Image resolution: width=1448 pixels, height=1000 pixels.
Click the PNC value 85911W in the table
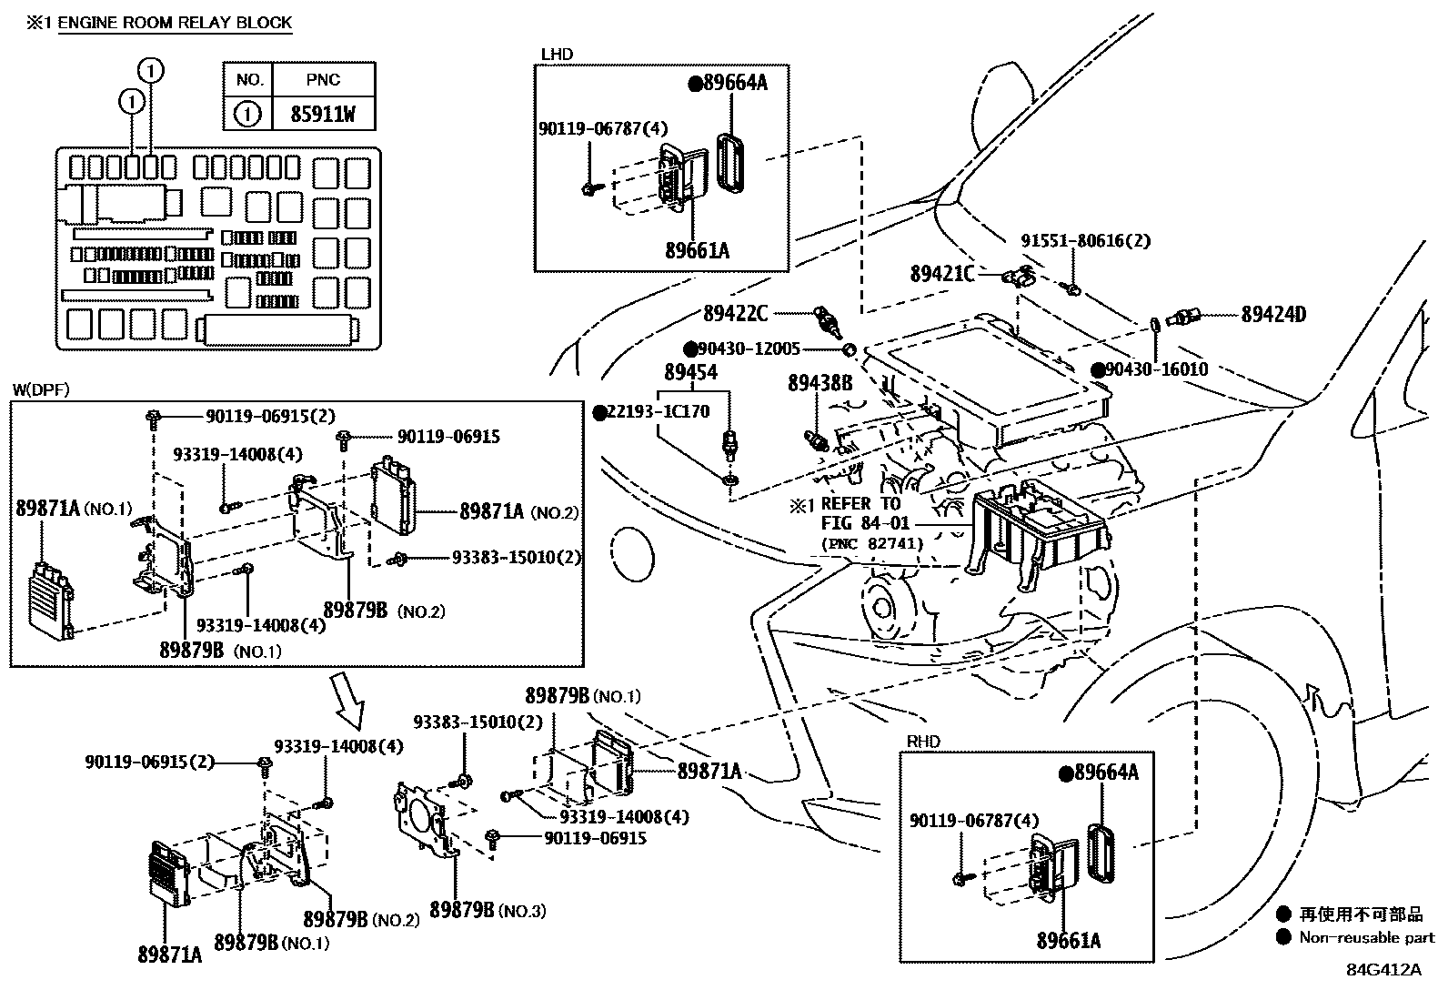[x=323, y=115]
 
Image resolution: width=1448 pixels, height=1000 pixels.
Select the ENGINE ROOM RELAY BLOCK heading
[x=175, y=23]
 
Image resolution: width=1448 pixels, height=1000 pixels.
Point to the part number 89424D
[x=1273, y=315]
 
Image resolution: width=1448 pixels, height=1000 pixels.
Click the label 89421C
[x=941, y=273]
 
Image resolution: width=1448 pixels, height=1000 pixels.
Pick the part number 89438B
[x=820, y=384]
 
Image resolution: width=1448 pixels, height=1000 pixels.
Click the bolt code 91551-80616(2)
[x=1085, y=241]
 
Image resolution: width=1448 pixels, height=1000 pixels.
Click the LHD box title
[x=557, y=54]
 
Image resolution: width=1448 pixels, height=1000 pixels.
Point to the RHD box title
[x=923, y=742]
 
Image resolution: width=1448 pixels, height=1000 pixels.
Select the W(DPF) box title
[x=40, y=390]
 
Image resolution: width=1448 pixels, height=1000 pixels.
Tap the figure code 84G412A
[x=1383, y=968]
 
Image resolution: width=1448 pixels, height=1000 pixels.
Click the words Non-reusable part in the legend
[x=1366, y=937]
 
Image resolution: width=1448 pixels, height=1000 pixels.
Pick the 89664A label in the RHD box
[x=1106, y=773]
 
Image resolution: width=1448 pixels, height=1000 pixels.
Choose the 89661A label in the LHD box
[x=697, y=250]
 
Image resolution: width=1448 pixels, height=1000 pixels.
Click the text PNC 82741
[x=873, y=543]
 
